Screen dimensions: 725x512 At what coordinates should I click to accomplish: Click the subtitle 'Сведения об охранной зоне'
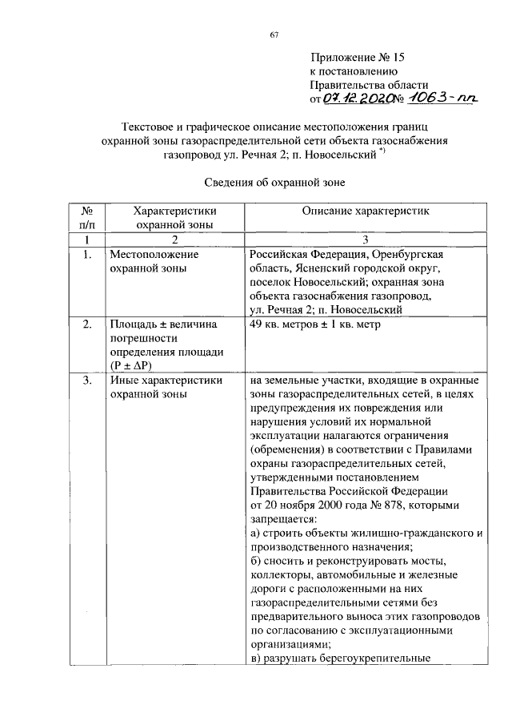click(273, 183)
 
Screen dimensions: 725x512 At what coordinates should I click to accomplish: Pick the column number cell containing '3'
click(365, 240)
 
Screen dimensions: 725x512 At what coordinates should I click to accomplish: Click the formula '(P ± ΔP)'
click(133, 365)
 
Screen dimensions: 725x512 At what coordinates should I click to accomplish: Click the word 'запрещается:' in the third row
click(284, 518)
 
